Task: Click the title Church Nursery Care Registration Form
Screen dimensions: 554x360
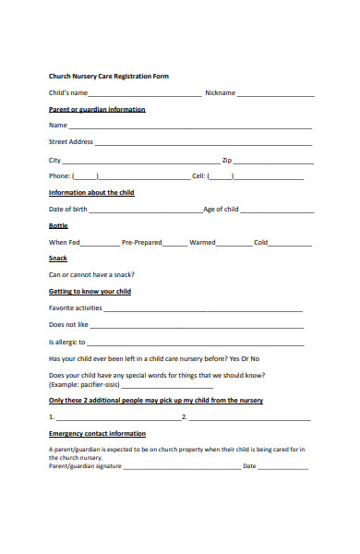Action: pos(108,76)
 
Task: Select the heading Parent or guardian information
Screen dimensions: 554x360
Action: pos(96,110)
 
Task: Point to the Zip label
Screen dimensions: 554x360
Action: pos(227,160)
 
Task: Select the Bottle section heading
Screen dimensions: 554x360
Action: pos(58,226)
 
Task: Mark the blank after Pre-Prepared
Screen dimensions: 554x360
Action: pos(174,244)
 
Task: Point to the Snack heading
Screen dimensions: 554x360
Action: pos(58,259)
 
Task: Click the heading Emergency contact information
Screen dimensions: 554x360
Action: pos(96,433)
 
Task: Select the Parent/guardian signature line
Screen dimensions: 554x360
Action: pos(180,468)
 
